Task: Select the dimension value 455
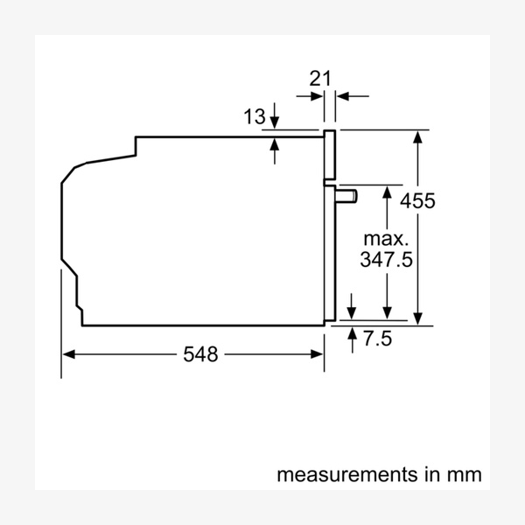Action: pos(417,201)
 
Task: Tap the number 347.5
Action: pos(386,260)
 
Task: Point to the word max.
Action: pos(386,238)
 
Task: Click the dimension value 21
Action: pos(321,78)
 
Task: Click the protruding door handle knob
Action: pos(348,194)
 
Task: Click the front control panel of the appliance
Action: pos(329,157)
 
